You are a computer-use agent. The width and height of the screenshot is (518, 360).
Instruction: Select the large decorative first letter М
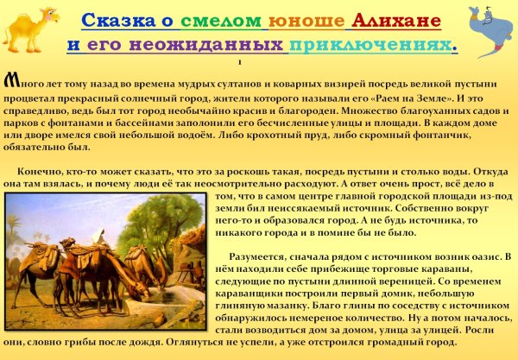click(11, 82)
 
